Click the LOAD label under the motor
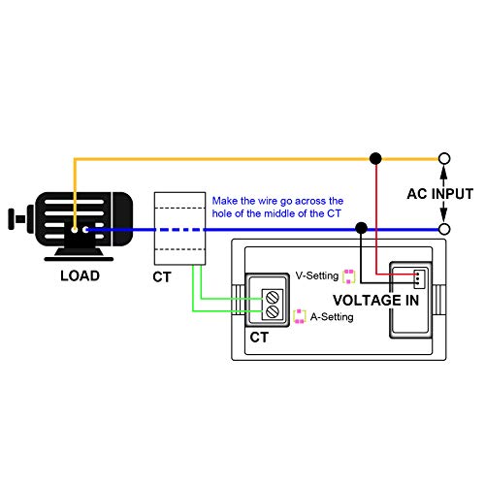[80, 275]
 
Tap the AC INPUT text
[440, 194]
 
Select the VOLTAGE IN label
[375, 301]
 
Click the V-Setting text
[317, 275]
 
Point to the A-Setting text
[332, 317]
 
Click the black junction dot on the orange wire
[375, 158]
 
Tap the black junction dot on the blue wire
[361, 228]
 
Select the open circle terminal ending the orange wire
[444, 158]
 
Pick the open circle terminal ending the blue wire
[444, 229]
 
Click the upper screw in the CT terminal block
[273, 297]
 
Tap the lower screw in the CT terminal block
[273, 311]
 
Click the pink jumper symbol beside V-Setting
[349, 276]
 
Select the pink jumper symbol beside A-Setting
[299, 316]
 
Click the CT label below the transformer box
[162, 277]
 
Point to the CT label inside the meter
[259, 338]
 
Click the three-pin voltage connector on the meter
[419, 278]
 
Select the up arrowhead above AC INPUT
[444, 172]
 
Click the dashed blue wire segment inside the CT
[179, 230]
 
